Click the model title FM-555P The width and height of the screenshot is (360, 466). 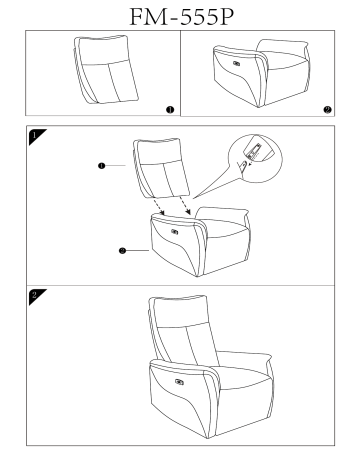(x=181, y=17)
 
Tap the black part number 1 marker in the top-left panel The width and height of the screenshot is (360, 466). (x=170, y=110)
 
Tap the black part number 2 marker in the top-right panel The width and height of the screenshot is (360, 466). (x=327, y=110)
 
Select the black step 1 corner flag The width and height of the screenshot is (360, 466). (x=37, y=137)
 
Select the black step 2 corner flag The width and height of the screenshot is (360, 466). (x=37, y=296)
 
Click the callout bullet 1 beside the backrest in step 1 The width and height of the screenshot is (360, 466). (x=102, y=165)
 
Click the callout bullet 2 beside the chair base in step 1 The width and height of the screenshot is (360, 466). (x=122, y=250)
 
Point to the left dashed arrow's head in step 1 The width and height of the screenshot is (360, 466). (x=162, y=213)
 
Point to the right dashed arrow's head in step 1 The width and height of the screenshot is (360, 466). (x=188, y=212)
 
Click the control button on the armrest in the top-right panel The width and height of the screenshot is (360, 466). (x=238, y=63)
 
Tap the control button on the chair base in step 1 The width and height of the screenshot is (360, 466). (x=174, y=231)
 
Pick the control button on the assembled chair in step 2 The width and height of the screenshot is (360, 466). (x=179, y=382)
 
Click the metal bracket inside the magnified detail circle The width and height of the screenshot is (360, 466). (x=254, y=150)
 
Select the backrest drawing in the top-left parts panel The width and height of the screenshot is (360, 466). (x=105, y=69)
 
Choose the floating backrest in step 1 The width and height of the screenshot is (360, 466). (x=161, y=168)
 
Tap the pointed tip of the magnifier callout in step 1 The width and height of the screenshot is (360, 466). (x=193, y=199)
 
